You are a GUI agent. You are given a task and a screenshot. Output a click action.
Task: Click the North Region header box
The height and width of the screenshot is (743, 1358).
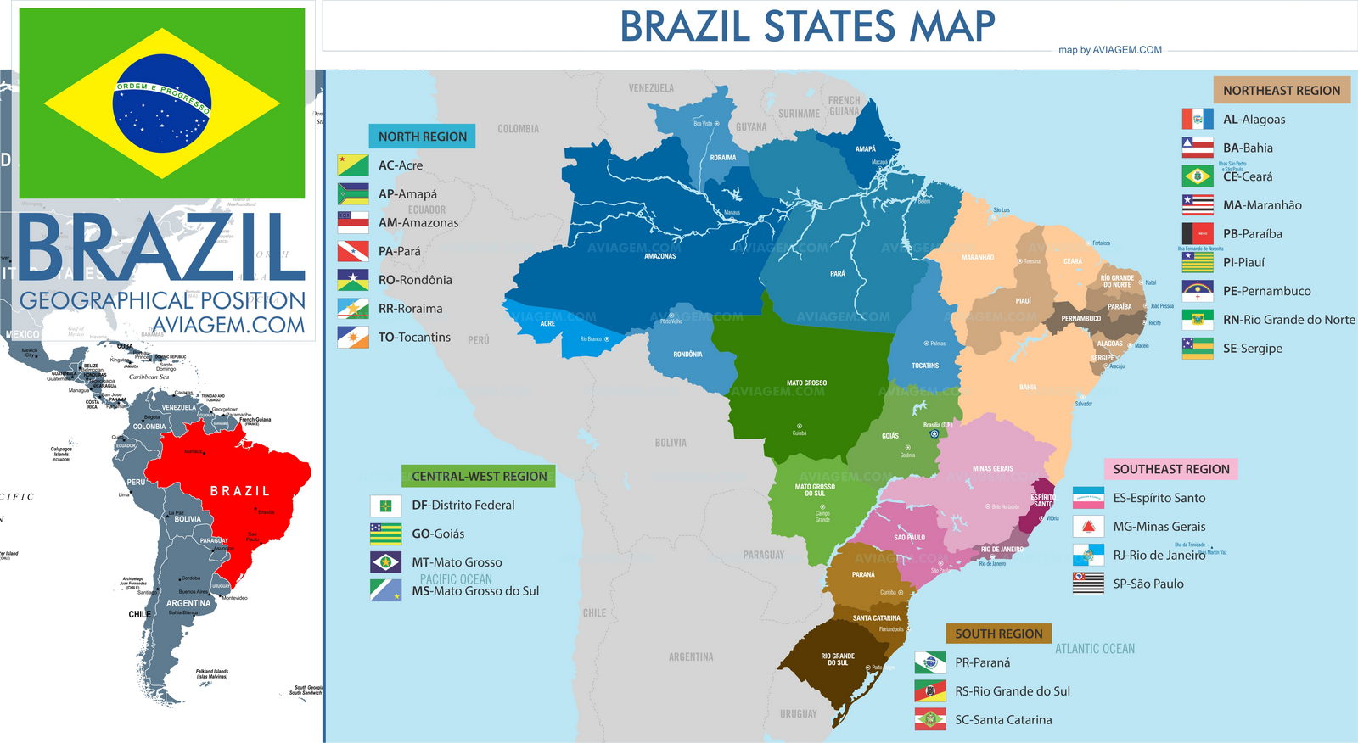[422, 137]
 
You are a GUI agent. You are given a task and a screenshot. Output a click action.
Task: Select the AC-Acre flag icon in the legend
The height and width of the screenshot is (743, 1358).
[353, 165]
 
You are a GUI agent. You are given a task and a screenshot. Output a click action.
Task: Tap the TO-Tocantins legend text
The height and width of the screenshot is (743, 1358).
[414, 338]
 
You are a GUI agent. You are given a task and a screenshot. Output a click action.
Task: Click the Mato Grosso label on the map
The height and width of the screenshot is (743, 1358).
[806, 383]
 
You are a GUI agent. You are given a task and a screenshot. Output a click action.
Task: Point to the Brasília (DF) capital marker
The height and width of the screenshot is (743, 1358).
[934, 433]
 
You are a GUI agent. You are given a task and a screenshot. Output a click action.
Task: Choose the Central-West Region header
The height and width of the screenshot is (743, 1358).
[479, 477]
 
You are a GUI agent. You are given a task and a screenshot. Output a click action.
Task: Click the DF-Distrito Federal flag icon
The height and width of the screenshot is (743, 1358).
[385, 506]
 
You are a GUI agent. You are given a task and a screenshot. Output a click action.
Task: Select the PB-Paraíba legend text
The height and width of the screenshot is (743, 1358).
[1252, 234]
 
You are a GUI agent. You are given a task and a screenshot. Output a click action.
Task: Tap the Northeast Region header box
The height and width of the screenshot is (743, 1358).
[1281, 91]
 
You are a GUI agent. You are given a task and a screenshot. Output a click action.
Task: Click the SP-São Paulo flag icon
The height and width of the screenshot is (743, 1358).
[1088, 584]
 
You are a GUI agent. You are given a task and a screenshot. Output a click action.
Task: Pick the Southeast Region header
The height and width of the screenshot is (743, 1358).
[1170, 469]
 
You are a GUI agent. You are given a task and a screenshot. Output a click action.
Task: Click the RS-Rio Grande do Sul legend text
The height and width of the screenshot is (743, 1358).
[1012, 691]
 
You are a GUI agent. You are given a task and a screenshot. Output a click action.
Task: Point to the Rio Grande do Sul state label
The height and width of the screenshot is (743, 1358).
[838, 659]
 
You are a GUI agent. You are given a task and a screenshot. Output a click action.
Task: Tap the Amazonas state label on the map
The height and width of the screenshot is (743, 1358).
[659, 256]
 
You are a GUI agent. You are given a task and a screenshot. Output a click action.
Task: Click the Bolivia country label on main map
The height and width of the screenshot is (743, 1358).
[671, 443]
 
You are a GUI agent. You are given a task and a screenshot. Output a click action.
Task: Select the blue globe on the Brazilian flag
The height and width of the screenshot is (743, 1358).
[161, 103]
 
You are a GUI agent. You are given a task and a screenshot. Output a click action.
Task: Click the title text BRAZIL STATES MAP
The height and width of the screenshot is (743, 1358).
[806, 26]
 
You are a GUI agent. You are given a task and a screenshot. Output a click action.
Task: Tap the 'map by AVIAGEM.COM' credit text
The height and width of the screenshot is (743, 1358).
[1109, 50]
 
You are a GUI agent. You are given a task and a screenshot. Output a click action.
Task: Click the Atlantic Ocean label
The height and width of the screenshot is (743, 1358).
[1094, 649]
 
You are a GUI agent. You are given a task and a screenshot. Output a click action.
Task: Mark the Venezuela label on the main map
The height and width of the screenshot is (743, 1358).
[651, 88]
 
